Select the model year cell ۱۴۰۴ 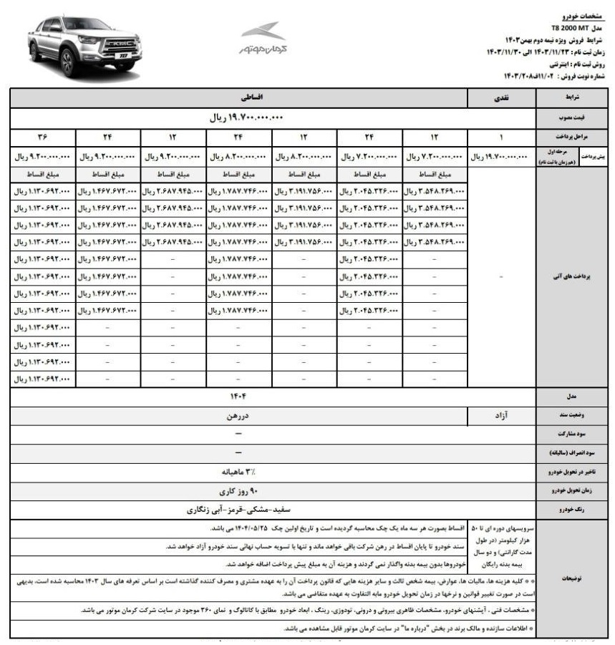coord(238,395)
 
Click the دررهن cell coord(238,414)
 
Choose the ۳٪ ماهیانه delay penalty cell coord(238,472)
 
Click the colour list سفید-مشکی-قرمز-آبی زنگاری coord(238,510)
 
